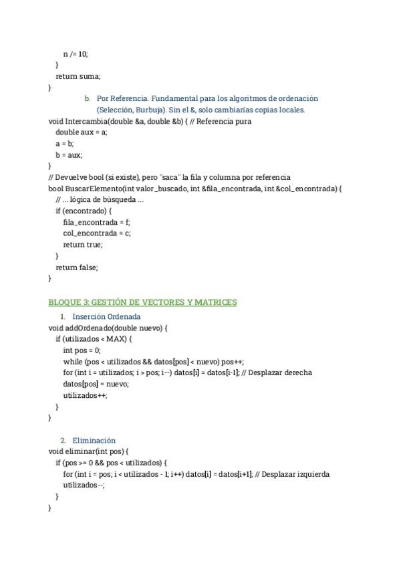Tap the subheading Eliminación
[x=94, y=441]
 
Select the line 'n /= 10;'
[x=75, y=53]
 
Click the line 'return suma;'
[x=78, y=76]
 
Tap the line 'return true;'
[x=83, y=245]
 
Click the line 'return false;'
[x=77, y=267]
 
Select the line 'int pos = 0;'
[x=82, y=350]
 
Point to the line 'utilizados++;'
[x=85, y=395]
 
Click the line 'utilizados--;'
[x=84, y=485]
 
